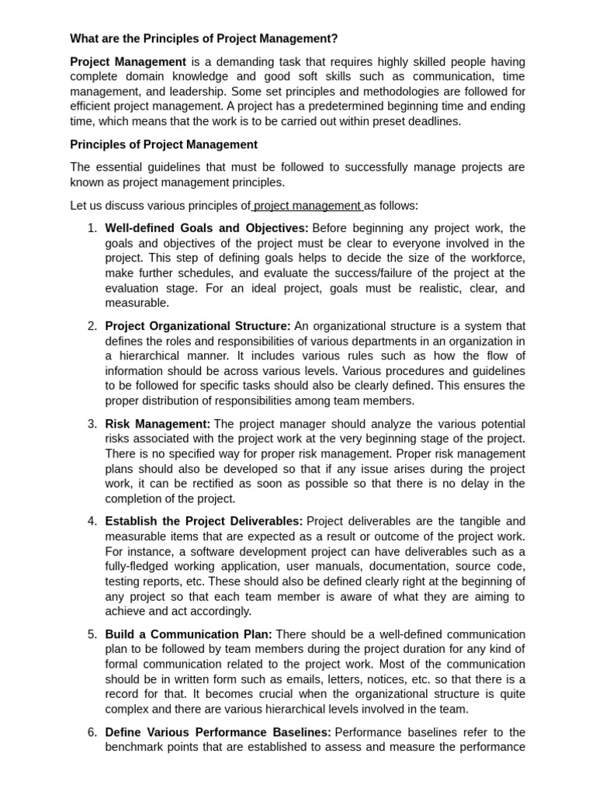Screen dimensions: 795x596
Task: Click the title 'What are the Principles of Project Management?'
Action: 204,39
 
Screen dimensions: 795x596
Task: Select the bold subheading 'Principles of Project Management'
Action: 164,144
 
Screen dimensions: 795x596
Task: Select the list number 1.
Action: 92,228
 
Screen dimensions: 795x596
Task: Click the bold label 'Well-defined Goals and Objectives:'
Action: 206,228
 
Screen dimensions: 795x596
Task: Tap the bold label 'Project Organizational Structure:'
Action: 198,326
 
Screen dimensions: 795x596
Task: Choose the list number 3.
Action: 92,424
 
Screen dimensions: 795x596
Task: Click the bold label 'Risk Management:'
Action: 158,424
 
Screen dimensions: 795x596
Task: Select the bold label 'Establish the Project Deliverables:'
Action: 204,522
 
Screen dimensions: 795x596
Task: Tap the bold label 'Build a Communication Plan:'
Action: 189,634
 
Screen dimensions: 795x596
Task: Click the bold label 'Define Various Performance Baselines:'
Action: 218,732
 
